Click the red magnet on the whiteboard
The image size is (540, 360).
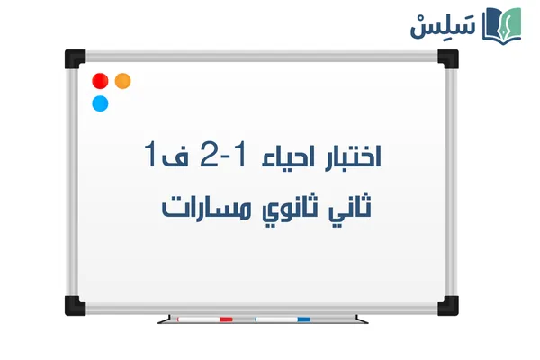[x=100, y=81]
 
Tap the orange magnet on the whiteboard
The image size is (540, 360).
[x=123, y=81]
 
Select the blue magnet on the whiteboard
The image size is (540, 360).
[x=100, y=103]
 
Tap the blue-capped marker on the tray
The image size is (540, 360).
[x=283, y=319]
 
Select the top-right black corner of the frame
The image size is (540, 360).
[x=448, y=58]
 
